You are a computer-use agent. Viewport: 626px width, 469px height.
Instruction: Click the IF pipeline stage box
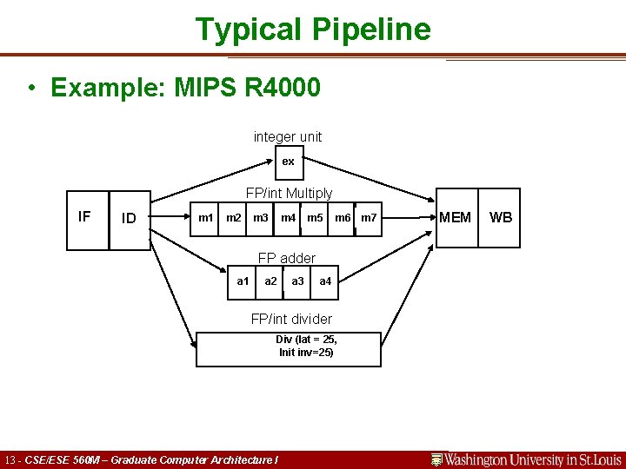(x=89, y=218)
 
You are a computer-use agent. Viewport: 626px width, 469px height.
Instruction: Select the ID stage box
(x=130, y=219)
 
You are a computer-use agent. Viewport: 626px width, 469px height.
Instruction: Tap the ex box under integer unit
(x=288, y=162)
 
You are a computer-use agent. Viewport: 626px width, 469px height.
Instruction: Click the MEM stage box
(x=456, y=217)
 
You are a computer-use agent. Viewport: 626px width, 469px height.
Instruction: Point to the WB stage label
(x=501, y=217)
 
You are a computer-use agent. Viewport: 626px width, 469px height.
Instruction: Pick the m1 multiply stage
(x=206, y=216)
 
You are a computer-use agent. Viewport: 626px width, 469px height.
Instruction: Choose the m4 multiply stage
(x=288, y=216)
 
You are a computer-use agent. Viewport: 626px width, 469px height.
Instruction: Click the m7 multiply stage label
(x=369, y=216)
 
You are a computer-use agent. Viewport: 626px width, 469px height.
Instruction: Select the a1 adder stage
(x=243, y=281)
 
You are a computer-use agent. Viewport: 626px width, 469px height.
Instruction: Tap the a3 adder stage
(x=297, y=281)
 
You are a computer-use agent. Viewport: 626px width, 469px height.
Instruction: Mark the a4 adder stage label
(x=325, y=281)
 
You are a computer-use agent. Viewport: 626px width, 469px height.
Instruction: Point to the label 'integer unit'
(x=288, y=136)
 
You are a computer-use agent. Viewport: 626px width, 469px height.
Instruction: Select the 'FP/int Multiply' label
(x=289, y=193)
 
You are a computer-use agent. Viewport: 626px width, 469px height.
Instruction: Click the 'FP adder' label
(x=287, y=258)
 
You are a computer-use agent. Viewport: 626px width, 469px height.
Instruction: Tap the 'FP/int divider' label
(x=291, y=319)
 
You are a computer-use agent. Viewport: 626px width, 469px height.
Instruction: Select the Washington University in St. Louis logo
(x=526, y=459)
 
